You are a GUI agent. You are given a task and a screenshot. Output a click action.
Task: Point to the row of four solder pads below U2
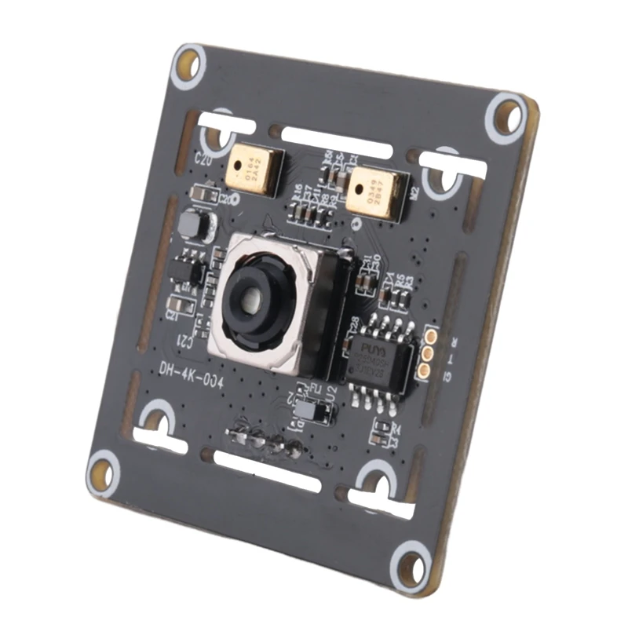click(x=265, y=441)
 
